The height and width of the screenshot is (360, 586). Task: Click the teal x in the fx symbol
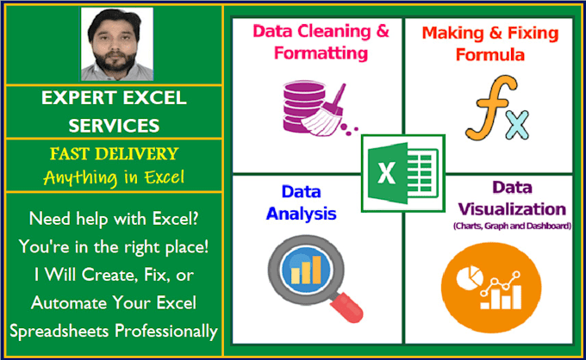pos(514,126)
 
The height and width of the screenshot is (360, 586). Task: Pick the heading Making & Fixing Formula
pos(490,44)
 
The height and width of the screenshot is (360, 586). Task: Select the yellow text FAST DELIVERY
pos(114,154)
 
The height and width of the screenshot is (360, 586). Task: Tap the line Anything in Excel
pos(114,179)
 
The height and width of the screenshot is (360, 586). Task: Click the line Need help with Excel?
pos(114,218)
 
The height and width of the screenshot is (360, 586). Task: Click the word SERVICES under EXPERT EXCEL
pos(114,125)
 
